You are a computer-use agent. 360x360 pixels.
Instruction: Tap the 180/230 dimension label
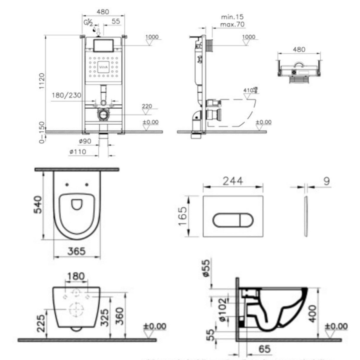pos(66,95)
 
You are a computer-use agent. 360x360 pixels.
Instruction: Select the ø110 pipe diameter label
pos(78,152)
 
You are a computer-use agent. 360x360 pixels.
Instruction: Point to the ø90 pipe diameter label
pos(85,141)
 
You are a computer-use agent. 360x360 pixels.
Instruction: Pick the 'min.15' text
pos(232,17)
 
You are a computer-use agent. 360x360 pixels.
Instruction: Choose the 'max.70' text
pos(232,24)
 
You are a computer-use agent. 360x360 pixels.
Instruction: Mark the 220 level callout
pos(147,106)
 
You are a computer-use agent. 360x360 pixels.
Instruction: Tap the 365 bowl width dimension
pos(76,251)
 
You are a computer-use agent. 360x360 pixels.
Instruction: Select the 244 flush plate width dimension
pos(233,181)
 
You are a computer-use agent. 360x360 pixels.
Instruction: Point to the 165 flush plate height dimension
pos(183,216)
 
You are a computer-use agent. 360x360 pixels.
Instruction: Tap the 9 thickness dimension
pos(326,181)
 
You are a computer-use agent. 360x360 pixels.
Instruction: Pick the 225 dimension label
pos(42,323)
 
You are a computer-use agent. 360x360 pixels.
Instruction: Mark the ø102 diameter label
pos(222,310)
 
